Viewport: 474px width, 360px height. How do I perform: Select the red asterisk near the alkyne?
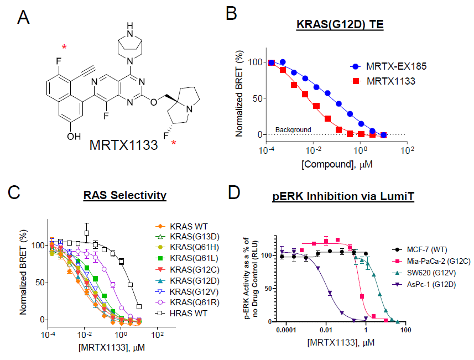65,48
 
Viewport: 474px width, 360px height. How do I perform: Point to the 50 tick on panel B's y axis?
255,98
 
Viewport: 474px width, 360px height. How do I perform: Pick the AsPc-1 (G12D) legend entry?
436,284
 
